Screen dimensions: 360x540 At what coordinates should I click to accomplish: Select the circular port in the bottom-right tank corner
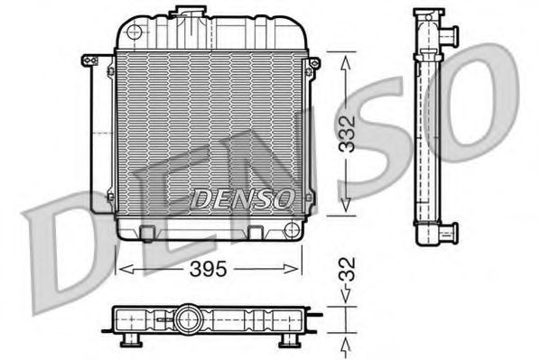click(x=291, y=228)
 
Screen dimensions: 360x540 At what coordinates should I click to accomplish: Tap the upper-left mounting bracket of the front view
click(x=89, y=60)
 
